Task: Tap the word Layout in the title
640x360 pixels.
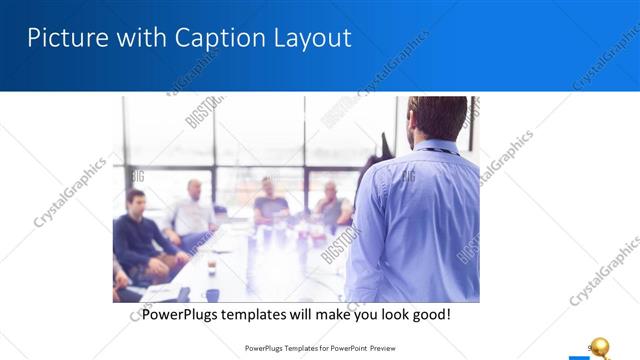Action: (x=312, y=39)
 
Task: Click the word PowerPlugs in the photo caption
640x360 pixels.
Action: (x=186, y=314)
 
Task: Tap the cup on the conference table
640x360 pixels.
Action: (x=211, y=266)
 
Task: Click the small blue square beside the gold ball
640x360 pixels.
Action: (x=577, y=355)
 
